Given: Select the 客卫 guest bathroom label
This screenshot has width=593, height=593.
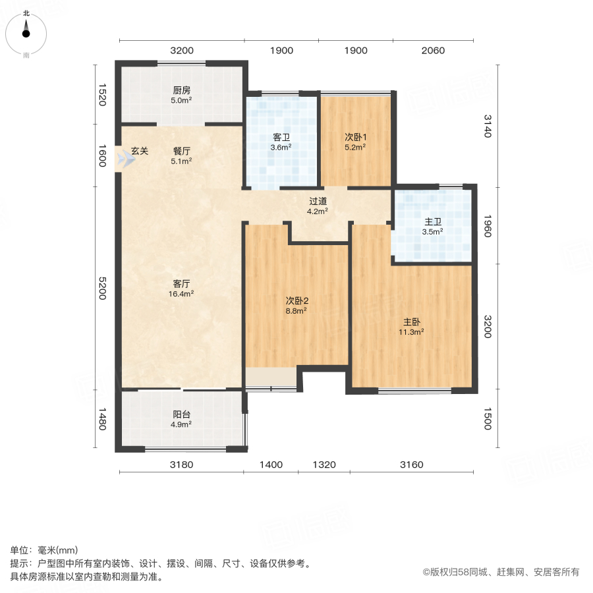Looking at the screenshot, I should (x=282, y=138).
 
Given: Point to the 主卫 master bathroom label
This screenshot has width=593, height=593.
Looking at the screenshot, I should (x=433, y=221).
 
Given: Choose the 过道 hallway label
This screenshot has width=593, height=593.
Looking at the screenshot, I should (x=319, y=202).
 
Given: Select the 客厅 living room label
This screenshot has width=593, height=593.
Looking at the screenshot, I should (x=182, y=284).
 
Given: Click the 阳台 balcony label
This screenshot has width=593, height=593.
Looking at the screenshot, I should (x=182, y=414).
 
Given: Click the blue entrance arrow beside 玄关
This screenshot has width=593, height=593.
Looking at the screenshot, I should (x=123, y=159).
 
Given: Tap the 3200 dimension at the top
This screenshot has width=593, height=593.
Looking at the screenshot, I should (x=182, y=51).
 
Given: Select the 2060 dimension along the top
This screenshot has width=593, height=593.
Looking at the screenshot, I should (x=433, y=51).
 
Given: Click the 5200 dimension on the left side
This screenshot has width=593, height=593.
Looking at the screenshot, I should (x=102, y=287).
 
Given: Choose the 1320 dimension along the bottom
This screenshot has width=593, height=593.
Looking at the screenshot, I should (x=324, y=465).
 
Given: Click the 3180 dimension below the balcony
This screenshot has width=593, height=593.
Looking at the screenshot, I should (x=181, y=465).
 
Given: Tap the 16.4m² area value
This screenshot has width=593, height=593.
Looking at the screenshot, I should (x=182, y=294).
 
